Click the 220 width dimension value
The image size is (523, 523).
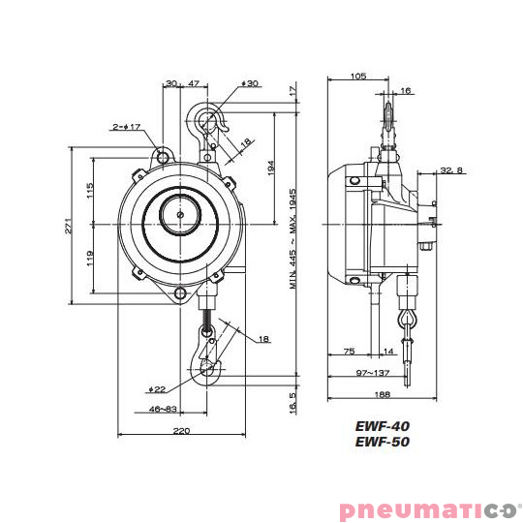[x=181, y=431]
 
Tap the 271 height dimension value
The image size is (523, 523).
[x=68, y=226]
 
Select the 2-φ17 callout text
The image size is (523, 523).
[x=127, y=127]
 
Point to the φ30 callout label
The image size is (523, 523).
[x=250, y=83]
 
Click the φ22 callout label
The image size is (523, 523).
[x=157, y=389]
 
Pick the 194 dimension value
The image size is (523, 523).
[x=271, y=168]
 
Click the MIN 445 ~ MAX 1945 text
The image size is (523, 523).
[x=292, y=239]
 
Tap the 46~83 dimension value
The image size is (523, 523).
[x=163, y=409]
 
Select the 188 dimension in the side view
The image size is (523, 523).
[x=383, y=394]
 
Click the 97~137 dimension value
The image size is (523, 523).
[x=373, y=373]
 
